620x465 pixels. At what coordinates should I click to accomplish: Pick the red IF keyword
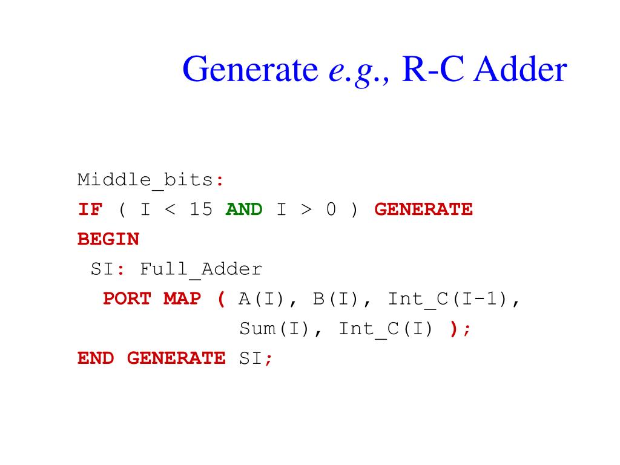tap(90, 209)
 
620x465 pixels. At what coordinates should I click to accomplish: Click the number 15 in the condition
tap(201, 209)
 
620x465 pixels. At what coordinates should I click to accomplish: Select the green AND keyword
tap(244, 209)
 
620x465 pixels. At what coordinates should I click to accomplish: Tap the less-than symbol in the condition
tap(170, 209)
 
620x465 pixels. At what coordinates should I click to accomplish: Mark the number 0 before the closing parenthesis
tap(331, 209)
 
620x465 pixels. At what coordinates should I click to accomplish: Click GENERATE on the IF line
tap(423, 209)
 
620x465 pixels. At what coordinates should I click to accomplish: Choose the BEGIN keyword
tap(108, 239)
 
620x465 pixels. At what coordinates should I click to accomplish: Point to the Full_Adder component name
tap(201, 269)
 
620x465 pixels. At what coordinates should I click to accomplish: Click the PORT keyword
tap(127, 298)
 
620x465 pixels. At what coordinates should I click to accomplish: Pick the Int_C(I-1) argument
tap(448, 298)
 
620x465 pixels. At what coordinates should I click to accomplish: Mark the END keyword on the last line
tap(96, 358)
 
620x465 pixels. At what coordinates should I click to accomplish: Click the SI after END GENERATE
tap(251, 358)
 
